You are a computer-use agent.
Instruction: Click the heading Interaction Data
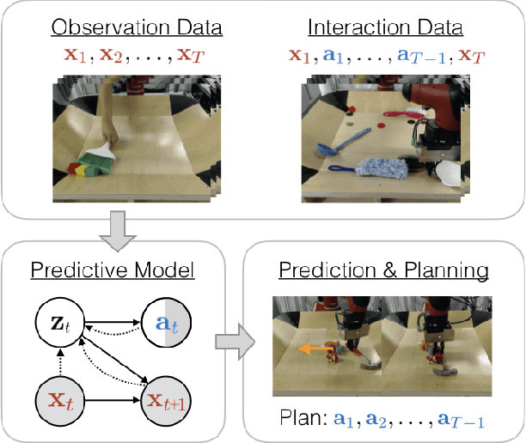click(x=383, y=27)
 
